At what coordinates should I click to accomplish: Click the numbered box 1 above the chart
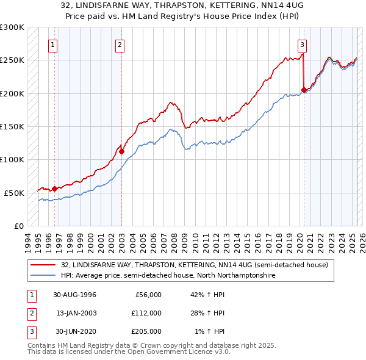pos(54,44)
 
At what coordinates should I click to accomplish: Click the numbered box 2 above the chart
pos(120,44)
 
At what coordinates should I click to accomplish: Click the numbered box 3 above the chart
pos(303,44)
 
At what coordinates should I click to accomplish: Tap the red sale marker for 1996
pos(54,189)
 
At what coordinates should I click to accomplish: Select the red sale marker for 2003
pos(121,151)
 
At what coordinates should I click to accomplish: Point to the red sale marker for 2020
pos(304,90)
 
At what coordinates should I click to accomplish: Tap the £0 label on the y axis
pos(18,226)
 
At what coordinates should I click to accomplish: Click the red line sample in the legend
pos(44,265)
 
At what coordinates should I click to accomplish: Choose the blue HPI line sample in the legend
pos(44,275)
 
